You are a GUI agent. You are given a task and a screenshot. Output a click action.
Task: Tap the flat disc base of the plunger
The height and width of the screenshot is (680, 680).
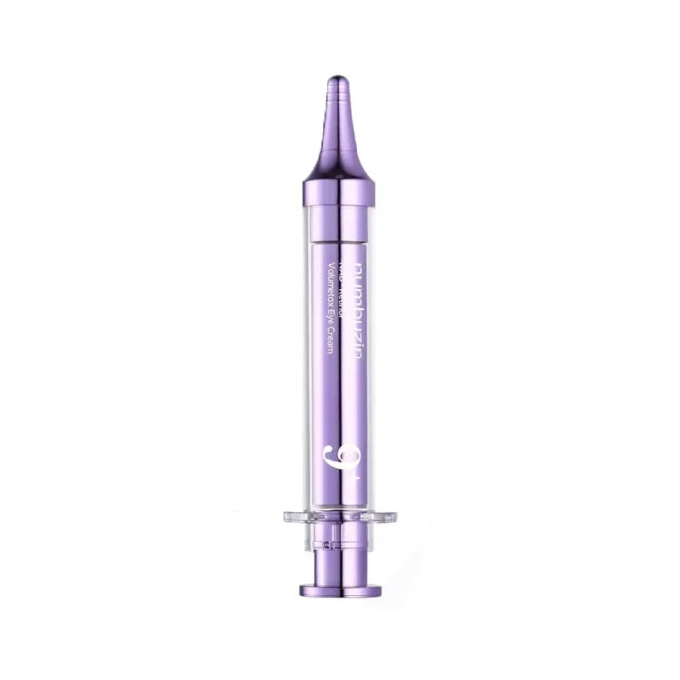coord(339,588)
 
